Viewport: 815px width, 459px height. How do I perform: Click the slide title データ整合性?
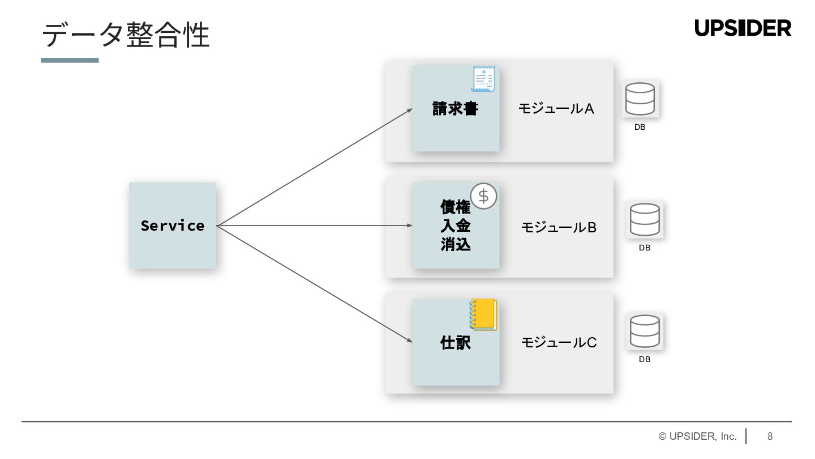coord(126,35)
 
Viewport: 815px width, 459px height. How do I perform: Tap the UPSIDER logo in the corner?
coord(743,28)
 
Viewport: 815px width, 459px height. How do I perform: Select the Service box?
coord(173,226)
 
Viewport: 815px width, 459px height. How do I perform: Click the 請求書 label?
coord(455,108)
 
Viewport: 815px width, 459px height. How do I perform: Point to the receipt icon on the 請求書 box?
coord(483,78)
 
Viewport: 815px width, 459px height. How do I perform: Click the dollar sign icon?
coord(483,196)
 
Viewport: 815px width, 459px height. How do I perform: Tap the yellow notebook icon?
coord(483,314)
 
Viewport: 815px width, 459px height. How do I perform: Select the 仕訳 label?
coord(455,343)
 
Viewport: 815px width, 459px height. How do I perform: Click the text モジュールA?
coord(556,109)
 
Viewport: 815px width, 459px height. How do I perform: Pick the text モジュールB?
coord(559,228)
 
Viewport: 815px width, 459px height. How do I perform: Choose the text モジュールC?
coord(559,342)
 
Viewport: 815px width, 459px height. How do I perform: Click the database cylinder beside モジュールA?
coord(640,99)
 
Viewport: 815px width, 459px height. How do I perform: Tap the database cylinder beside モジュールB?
coord(645,219)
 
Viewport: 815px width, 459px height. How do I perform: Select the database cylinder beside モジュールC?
coord(645,331)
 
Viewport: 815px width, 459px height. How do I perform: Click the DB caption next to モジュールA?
coord(640,127)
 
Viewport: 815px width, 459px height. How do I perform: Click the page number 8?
coord(770,436)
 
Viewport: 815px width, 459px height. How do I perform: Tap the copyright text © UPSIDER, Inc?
coord(697,436)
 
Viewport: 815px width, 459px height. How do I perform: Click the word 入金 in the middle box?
coord(455,226)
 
